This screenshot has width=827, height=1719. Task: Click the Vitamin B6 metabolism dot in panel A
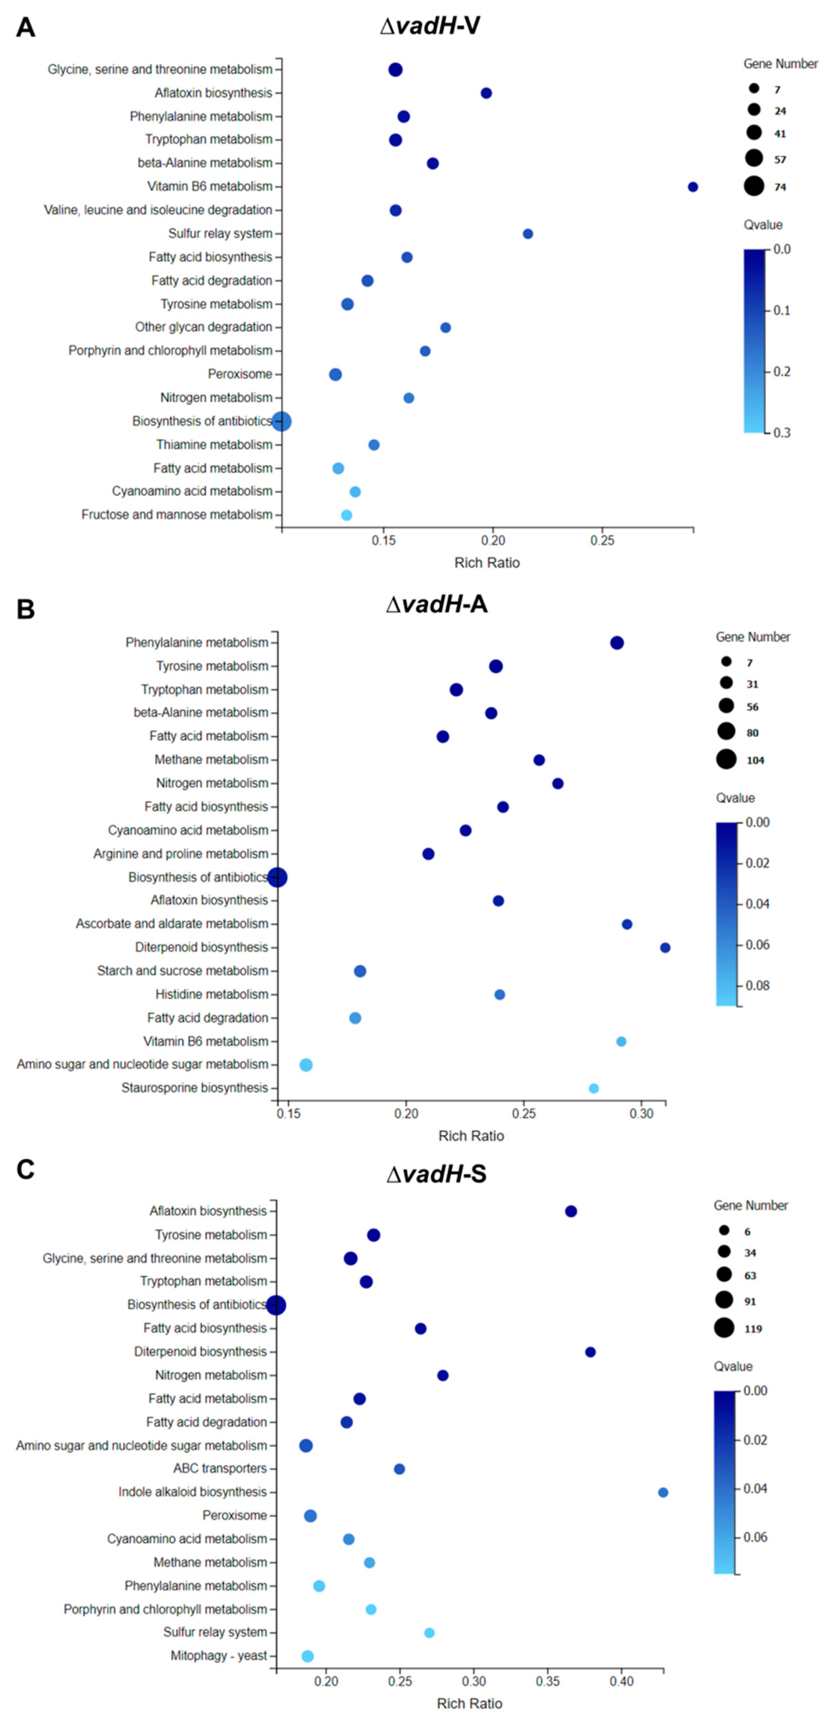pyautogui.click(x=693, y=187)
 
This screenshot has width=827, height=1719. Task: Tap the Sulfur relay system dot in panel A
pyautogui.click(x=528, y=234)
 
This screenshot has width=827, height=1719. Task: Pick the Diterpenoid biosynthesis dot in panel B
pyautogui.click(x=665, y=948)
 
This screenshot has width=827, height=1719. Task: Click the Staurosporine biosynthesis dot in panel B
pyautogui.click(x=593, y=1089)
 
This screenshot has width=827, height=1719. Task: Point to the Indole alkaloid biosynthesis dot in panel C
pyautogui.click(x=663, y=1492)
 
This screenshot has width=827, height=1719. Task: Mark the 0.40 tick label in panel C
pyautogui.click(x=622, y=1682)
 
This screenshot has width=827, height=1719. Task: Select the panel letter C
pyautogui.click(x=25, y=1170)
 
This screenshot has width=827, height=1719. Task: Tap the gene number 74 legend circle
pyautogui.click(x=754, y=186)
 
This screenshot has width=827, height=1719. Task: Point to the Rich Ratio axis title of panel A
pyautogui.click(x=487, y=562)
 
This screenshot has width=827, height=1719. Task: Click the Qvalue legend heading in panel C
pyautogui.click(x=733, y=1366)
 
